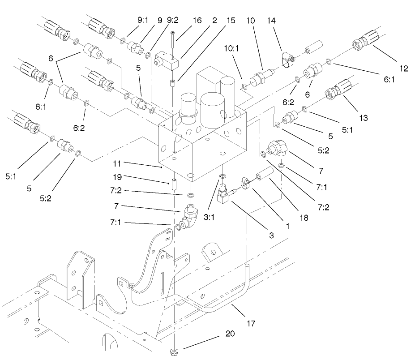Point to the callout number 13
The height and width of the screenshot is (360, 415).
[x=363, y=118]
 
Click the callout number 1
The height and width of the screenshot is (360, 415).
[x=287, y=226]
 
